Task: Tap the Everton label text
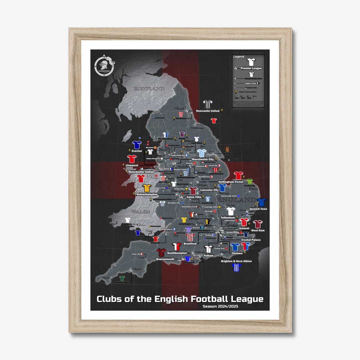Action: click(x=137, y=151)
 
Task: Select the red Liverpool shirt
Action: click(x=132, y=159)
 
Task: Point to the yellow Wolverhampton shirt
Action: click(x=147, y=188)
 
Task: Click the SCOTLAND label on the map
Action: click(x=149, y=89)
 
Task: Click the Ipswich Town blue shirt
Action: click(x=262, y=202)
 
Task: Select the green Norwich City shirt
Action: click(x=250, y=182)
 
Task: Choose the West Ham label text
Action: click(x=258, y=230)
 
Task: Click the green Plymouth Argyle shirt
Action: click(x=122, y=278)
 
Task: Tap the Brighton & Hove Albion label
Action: click(x=236, y=261)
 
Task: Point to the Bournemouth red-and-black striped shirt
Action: click(x=161, y=252)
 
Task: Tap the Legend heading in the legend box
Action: click(x=239, y=57)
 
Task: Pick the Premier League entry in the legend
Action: click(x=251, y=68)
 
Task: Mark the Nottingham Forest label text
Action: click(x=231, y=182)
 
